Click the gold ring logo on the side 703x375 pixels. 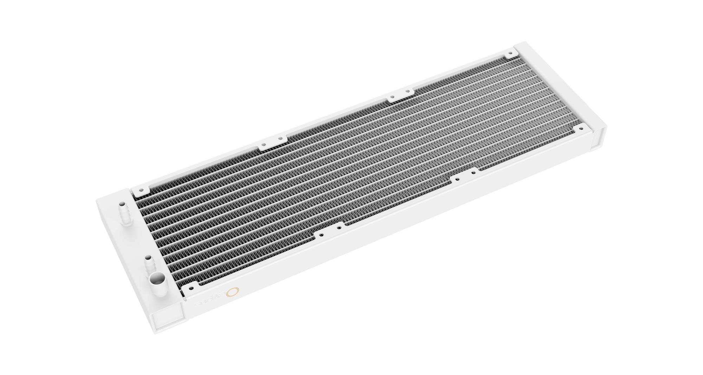pos(233,292)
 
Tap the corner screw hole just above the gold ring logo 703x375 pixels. pos(191,288)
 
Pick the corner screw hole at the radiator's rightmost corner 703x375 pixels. pos(582,127)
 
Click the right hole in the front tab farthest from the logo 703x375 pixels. pos(473,173)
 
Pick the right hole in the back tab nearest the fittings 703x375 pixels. pos(280,139)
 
